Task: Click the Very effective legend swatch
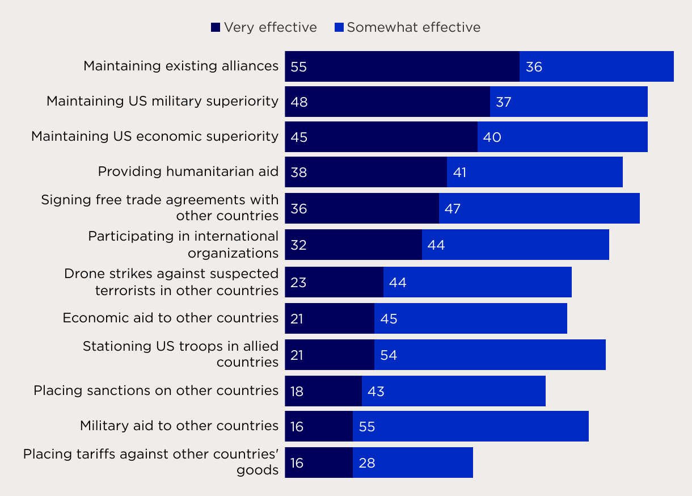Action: pos(216,27)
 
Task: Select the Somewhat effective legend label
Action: pos(413,27)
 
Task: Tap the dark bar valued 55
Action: pos(402,66)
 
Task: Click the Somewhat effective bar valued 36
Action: pos(597,66)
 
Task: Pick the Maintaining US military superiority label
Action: pos(162,101)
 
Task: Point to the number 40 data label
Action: pos(492,137)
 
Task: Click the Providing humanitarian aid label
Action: pos(188,171)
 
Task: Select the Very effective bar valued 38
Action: pos(366,172)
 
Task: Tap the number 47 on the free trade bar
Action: pos(453,209)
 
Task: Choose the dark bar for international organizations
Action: pos(353,245)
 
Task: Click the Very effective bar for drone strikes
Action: pos(334,282)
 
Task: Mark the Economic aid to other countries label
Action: pos(171,318)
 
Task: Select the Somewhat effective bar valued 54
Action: pos(490,355)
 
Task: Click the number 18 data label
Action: pos(297,392)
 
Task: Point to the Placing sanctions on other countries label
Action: pos(156,390)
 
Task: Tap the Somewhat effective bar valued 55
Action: pos(471,426)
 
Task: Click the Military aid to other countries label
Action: pos(179,426)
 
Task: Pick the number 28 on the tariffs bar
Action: pos(367,463)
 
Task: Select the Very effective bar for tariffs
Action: pos(319,463)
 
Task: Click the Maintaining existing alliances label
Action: pos(181,66)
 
